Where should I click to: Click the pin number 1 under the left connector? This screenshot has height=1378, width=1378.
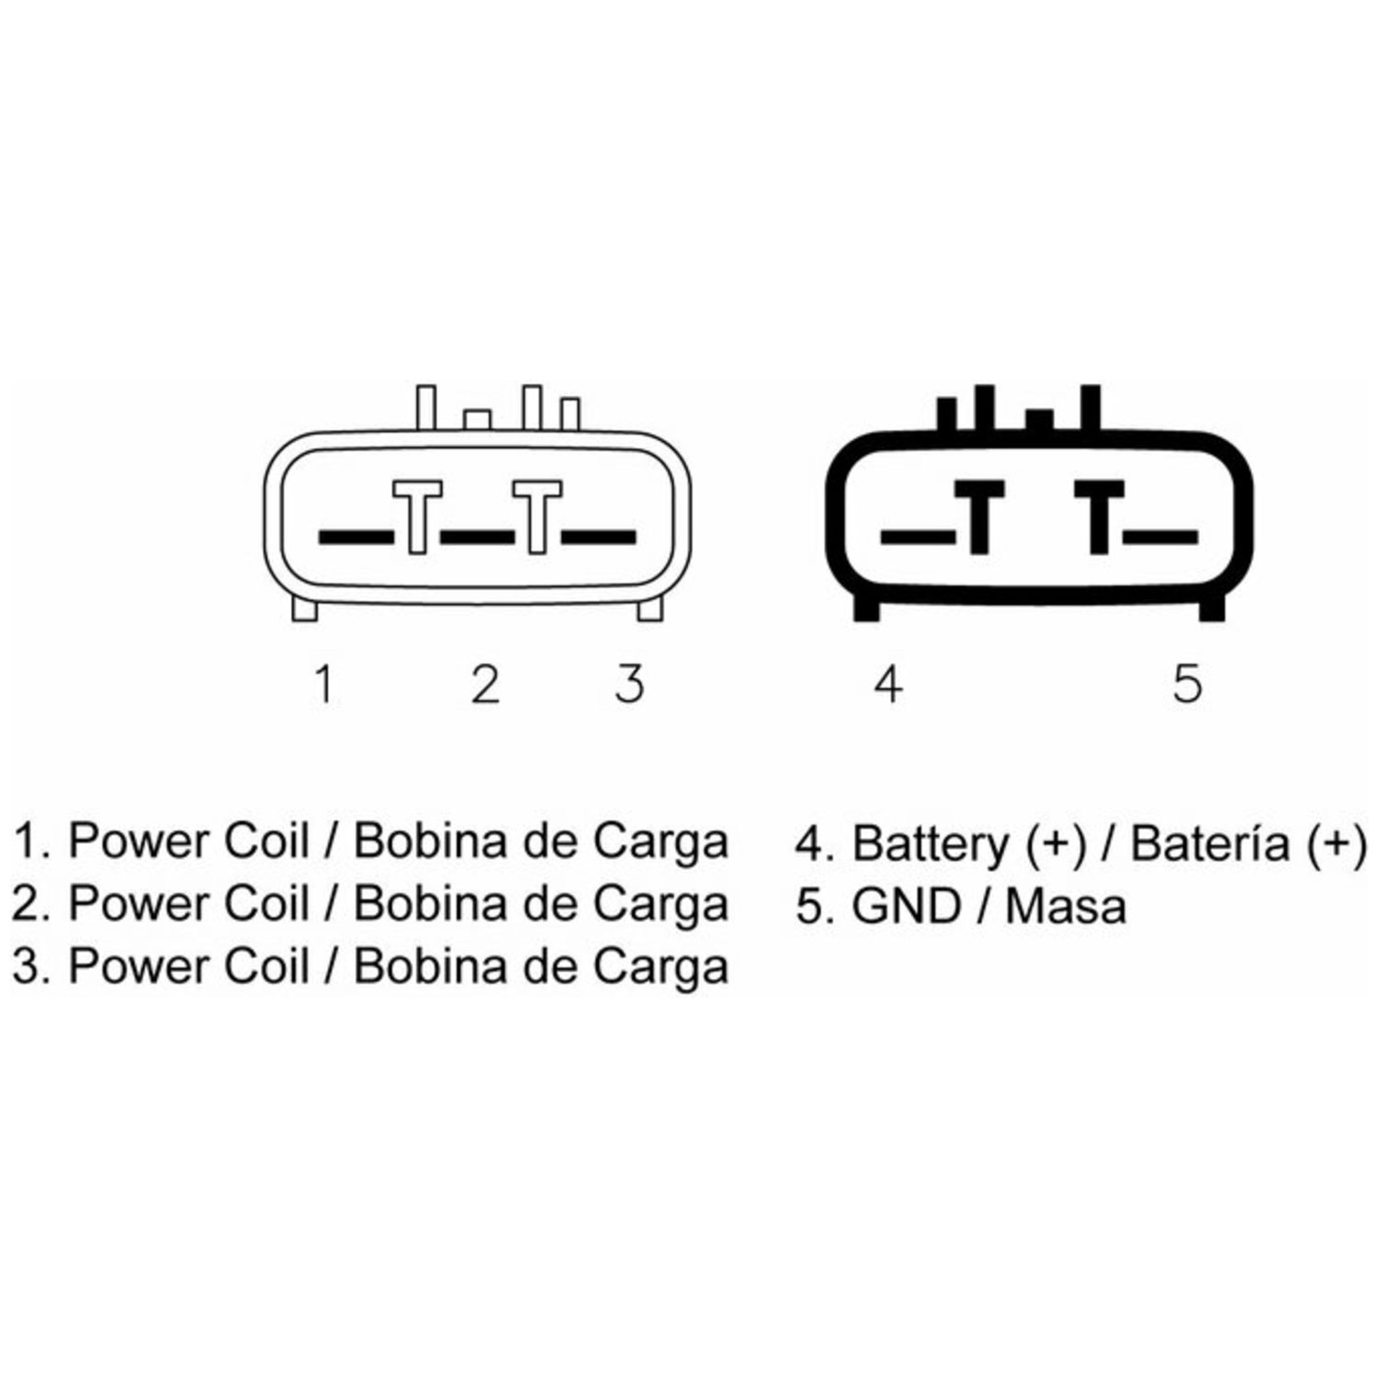coord(322,684)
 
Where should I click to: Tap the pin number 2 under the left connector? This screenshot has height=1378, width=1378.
coord(485,684)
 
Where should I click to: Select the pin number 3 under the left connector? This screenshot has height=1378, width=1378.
coord(630,684)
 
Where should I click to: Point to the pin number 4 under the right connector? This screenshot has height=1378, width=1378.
coord(887,684)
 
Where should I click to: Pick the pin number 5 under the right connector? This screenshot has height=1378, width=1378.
coord(1187,684)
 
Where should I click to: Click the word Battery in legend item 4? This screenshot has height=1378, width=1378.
coord(930,844)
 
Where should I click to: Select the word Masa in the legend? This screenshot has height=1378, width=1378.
coord(1066,906)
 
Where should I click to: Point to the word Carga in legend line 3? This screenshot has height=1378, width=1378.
coord(661,967)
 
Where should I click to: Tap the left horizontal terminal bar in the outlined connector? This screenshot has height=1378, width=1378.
coord(356,535)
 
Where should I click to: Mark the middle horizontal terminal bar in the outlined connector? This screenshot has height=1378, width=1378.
coord(478,535)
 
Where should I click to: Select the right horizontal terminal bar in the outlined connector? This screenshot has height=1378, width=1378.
coord(598,535)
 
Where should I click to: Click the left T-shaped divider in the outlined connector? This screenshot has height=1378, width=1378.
coord(417,517)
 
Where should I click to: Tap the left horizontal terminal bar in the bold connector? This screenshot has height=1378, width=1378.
coord(918,535)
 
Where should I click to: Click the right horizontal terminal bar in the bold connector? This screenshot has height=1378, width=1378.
coord(1161,535)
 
